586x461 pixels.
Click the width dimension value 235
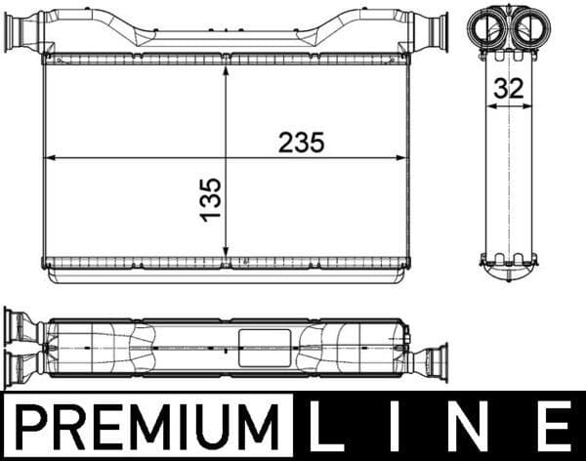(x=301, y=142)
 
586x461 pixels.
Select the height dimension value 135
(x=211, y=198)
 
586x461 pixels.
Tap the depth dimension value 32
(x=508, y=88)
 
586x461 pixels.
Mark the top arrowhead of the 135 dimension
(x=227, y=71)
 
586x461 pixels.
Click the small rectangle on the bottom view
(x=265, y=346)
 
